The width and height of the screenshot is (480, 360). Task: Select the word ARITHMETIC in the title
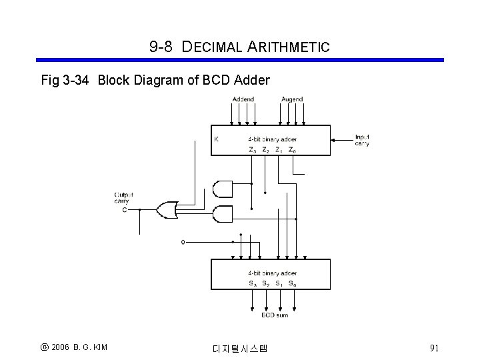pos(289,47)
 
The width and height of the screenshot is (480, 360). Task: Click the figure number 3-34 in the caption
pos(77,81)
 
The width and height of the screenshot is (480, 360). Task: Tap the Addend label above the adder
pos(243,99)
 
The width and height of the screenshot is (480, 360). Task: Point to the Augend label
pos(292,99)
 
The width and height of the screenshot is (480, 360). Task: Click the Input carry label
pos(362,139)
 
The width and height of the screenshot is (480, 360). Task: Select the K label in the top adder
pos(216,139)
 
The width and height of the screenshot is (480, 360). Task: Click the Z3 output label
pos(252,150)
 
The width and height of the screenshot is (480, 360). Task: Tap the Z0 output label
pos(292,150)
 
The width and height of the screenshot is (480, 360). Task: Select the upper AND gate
pos(222,189)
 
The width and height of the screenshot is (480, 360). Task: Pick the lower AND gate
pos(222,215)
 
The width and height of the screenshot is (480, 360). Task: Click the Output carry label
pos(123,197)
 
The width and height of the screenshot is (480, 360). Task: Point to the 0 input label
pos(183,242)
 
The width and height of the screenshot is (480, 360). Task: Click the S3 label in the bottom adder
pos(253,283)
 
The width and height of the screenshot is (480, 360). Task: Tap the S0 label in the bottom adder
pos(292,283)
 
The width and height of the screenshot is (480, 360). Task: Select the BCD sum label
pos(274,315)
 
